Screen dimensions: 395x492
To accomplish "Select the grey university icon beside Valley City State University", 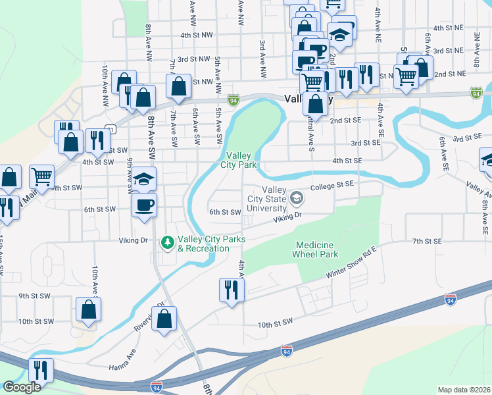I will point(297,197).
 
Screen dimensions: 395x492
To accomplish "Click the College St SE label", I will point(333,187).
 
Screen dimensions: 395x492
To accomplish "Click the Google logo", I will point(22,387).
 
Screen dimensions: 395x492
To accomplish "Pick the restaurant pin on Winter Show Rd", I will point(232,290).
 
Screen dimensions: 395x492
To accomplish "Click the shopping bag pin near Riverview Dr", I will point(165,317).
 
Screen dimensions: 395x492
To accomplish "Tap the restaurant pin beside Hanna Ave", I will point(41,370).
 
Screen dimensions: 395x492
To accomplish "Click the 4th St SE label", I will point(347,160).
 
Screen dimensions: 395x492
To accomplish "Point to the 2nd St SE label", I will point(345,120).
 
